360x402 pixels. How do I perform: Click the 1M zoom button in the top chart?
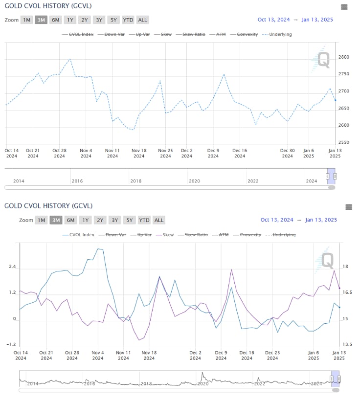click(x=27, y=20)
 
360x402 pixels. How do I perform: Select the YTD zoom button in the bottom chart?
click(x=144, y=220)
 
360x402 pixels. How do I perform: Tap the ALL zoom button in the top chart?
click(x=142, y=20)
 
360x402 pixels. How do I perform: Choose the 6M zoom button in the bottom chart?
click(x=71, y=220)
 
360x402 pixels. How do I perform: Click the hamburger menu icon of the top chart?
click(x=344, y=7)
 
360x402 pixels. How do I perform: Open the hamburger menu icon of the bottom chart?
click(x=349, y=207)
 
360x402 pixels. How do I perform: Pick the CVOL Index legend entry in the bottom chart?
click(x=81, y=235)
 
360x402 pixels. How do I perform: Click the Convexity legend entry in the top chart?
click(x=247, y=35)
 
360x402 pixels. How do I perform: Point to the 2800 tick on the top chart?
click(x=343, y=57)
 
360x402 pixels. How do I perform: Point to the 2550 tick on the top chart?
click(x=343, y=142)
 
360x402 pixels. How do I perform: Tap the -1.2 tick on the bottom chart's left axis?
click(x=12, y=345)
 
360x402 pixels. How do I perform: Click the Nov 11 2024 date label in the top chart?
click(x=112, y=153)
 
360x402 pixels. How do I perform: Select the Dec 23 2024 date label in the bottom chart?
click(x=272, y=355)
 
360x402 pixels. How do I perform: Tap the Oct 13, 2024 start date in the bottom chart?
click(x=277, y=220)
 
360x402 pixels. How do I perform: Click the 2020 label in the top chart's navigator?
click(x=194, y=181)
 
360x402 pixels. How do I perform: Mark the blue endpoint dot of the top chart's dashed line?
click(x=335, y=100)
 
